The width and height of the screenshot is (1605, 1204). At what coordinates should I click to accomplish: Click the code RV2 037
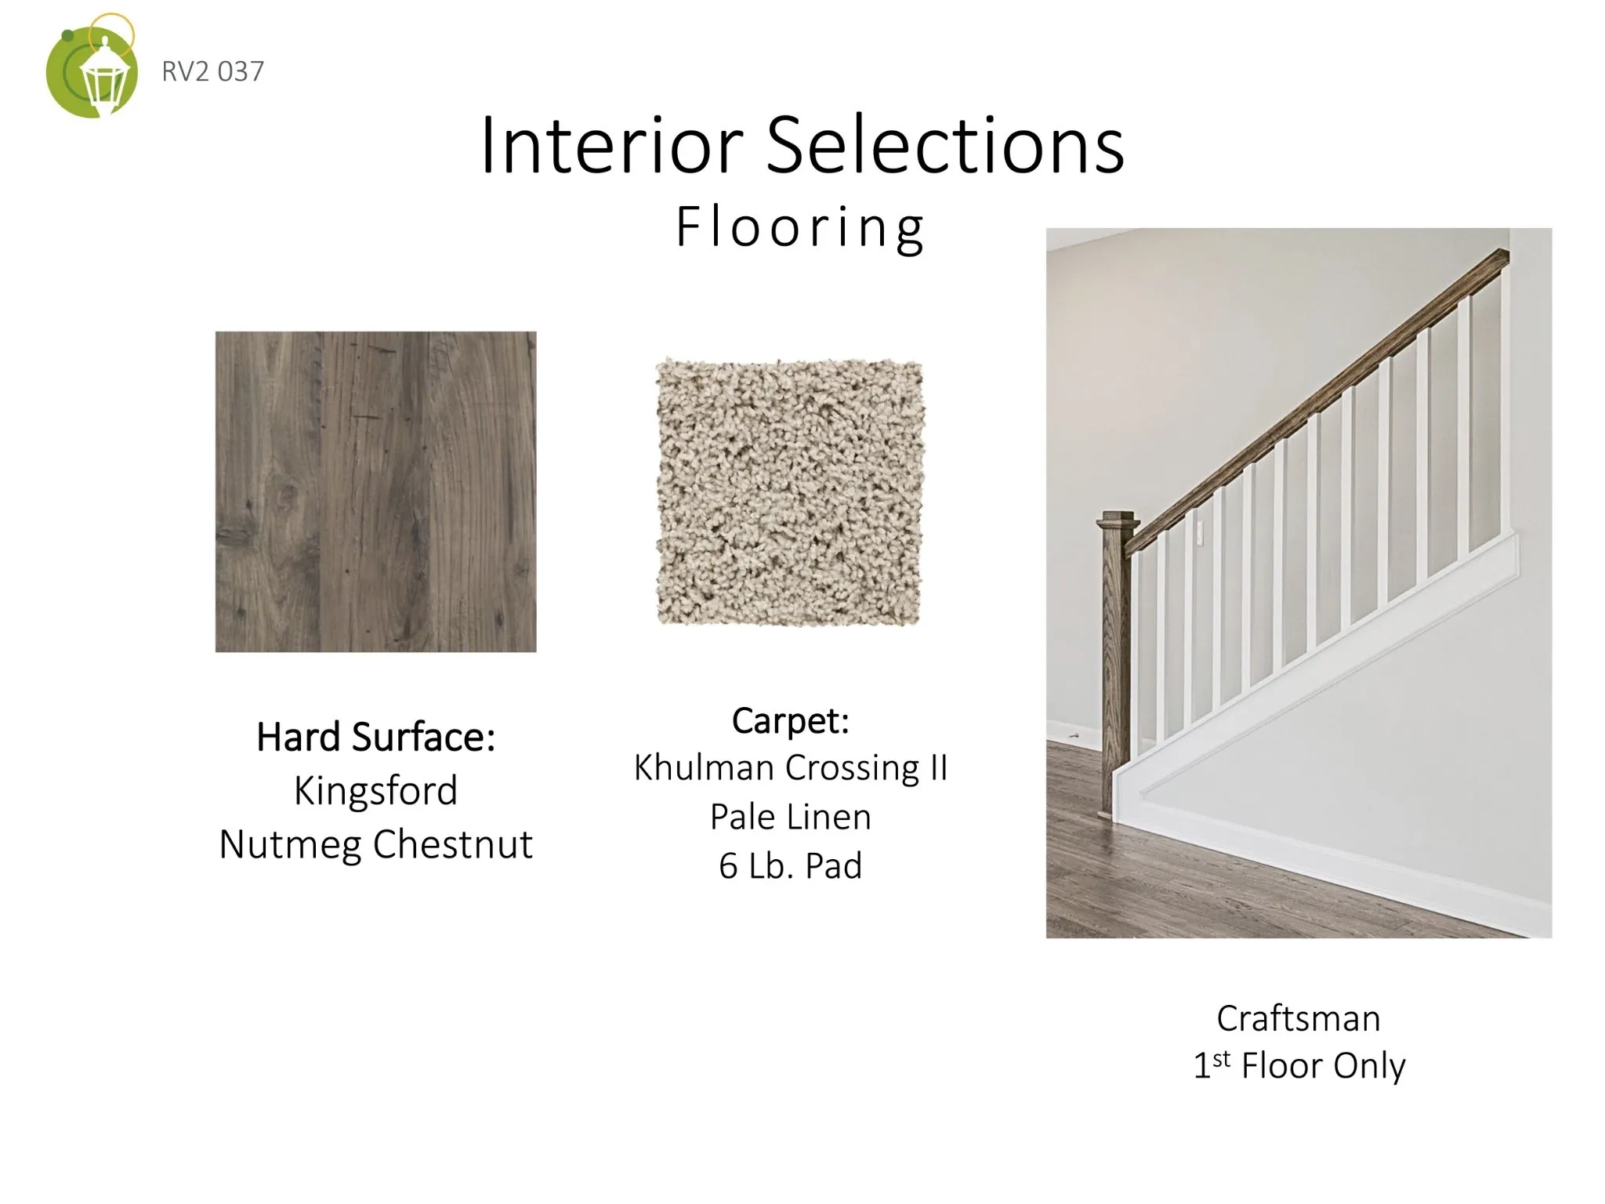click(x=212, y=71)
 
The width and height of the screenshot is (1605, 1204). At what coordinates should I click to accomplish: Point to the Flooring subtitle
click(x=800, y=227)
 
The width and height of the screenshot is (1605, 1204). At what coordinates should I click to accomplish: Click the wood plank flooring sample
click(x=376, y=491)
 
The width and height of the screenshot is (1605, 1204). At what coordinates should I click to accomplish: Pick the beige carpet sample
click(x=790, y=491)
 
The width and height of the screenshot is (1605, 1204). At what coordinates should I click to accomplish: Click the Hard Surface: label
click(x=376, y=737)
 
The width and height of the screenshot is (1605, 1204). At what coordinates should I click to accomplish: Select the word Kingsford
click(x=376, y=790)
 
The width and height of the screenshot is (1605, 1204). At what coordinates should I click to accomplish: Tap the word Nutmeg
click(x=289, y=845)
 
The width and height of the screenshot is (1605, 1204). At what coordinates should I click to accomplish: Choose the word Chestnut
click(x=453, y=843)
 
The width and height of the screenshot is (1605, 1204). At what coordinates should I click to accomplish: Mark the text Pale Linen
click(x=791, y=817)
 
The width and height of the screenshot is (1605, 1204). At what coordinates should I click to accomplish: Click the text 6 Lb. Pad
click(x=791, y=865)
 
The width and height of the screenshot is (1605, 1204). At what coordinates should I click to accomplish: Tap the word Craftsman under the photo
click(x=1299, y=1018)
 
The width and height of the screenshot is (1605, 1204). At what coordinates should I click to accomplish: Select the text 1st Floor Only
click(x=1299, y=1066)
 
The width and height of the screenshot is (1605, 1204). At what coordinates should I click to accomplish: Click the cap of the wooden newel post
click(x=1118, y=521)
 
